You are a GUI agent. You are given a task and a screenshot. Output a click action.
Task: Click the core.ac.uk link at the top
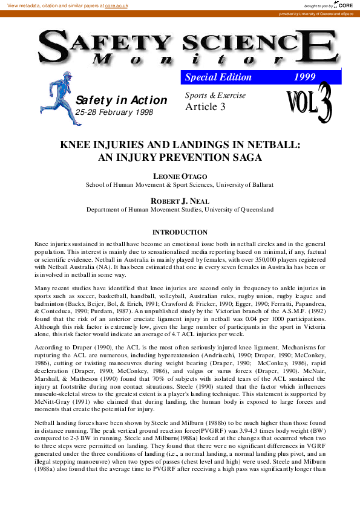coord(116,5)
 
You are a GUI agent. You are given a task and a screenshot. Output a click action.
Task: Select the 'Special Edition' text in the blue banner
coord(218,77)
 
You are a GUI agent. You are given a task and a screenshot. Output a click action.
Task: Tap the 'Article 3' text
coord(205,107)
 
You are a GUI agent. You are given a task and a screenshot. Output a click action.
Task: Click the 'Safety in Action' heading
coord(121,100)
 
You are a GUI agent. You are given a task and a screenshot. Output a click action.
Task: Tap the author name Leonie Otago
coord(180,175)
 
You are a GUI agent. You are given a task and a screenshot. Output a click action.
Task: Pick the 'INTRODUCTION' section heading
coord(180,232)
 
